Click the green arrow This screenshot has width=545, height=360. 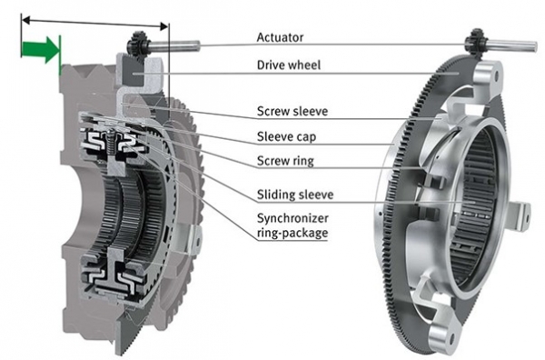(x=39, y=49)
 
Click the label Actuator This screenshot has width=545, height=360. (x=280, y=37)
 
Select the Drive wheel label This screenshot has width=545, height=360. (x=289, y=65)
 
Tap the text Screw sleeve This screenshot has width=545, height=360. (x=292, y=111)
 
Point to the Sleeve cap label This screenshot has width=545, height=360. (x=286, y=136)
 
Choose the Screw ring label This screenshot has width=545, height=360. (x=285, y=161)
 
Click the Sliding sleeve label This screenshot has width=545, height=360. (x=295, y=194)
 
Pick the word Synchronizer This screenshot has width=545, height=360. (x=292, y=218)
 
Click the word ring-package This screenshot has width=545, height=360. (x=292, y=233)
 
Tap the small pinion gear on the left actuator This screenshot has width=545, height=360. (x=138, y=43)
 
